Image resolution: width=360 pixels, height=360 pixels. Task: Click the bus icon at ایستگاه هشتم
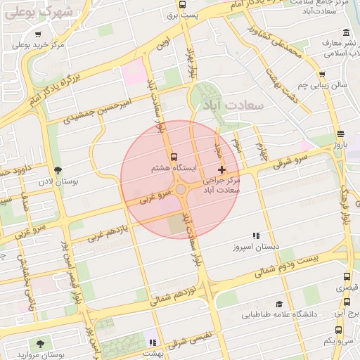[174, 157]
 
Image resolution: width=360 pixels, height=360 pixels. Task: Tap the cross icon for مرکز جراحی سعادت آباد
[222, 169]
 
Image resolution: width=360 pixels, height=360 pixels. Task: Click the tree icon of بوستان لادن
[58, 169]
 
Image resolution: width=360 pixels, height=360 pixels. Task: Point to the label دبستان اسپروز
[257, 247]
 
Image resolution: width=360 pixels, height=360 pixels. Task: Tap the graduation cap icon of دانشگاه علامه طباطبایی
[279, 304]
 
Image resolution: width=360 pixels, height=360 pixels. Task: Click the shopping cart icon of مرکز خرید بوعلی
[37, 34]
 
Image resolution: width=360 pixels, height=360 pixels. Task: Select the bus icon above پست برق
[183, 4]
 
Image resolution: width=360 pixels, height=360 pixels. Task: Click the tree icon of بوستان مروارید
[40, 343]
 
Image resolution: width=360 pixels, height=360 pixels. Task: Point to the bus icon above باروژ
[340, 134]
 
